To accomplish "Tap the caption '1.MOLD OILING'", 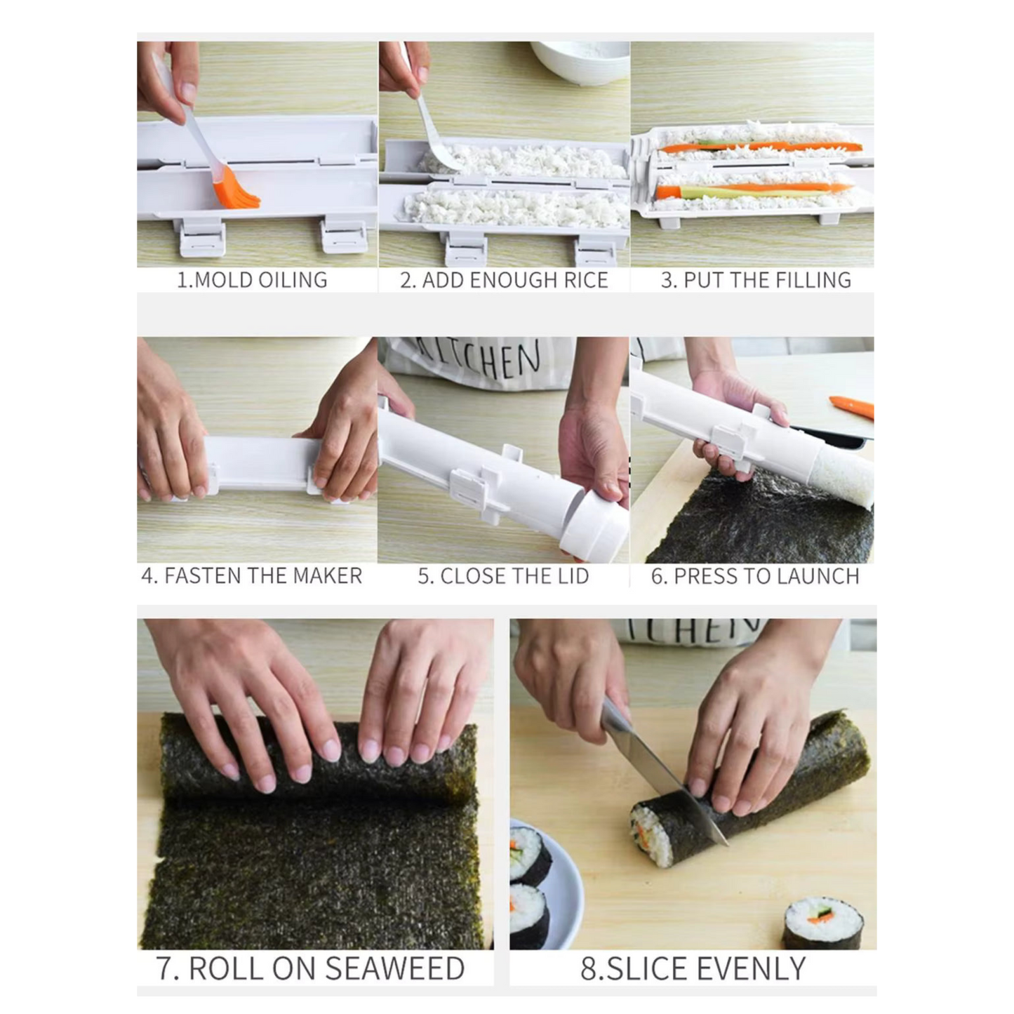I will (x=252, y=280).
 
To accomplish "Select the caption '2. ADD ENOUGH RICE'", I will (x=504, y=280).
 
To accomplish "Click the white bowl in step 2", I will (x=578, y=60).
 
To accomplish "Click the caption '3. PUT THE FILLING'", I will (x=756, y=280).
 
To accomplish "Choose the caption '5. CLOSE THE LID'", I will (x=503, y=576).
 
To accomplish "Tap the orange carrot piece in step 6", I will (x=853, y=406).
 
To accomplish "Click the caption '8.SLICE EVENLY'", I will (x=693, y=968).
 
